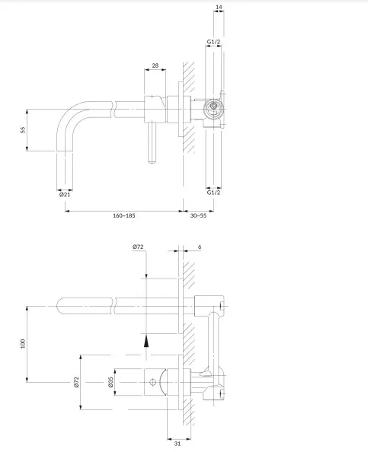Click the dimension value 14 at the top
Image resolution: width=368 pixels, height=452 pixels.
coord(219,7)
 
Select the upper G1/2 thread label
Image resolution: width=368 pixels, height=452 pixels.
coord(213,42)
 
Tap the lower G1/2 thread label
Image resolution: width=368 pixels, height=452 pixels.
coord(213,193)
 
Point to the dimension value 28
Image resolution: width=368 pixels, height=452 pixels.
coord(155,65)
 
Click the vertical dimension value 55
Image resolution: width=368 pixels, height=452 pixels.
coord(23,130)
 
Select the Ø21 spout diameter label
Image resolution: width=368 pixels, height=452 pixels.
coord(65,195)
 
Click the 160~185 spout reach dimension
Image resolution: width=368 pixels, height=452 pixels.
coord(124,215)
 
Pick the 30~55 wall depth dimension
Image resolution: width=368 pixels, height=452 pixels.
coord(198,215)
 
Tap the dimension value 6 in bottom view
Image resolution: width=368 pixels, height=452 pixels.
coord(200,247)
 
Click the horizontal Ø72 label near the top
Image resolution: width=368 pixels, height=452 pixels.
coord(138,247)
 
